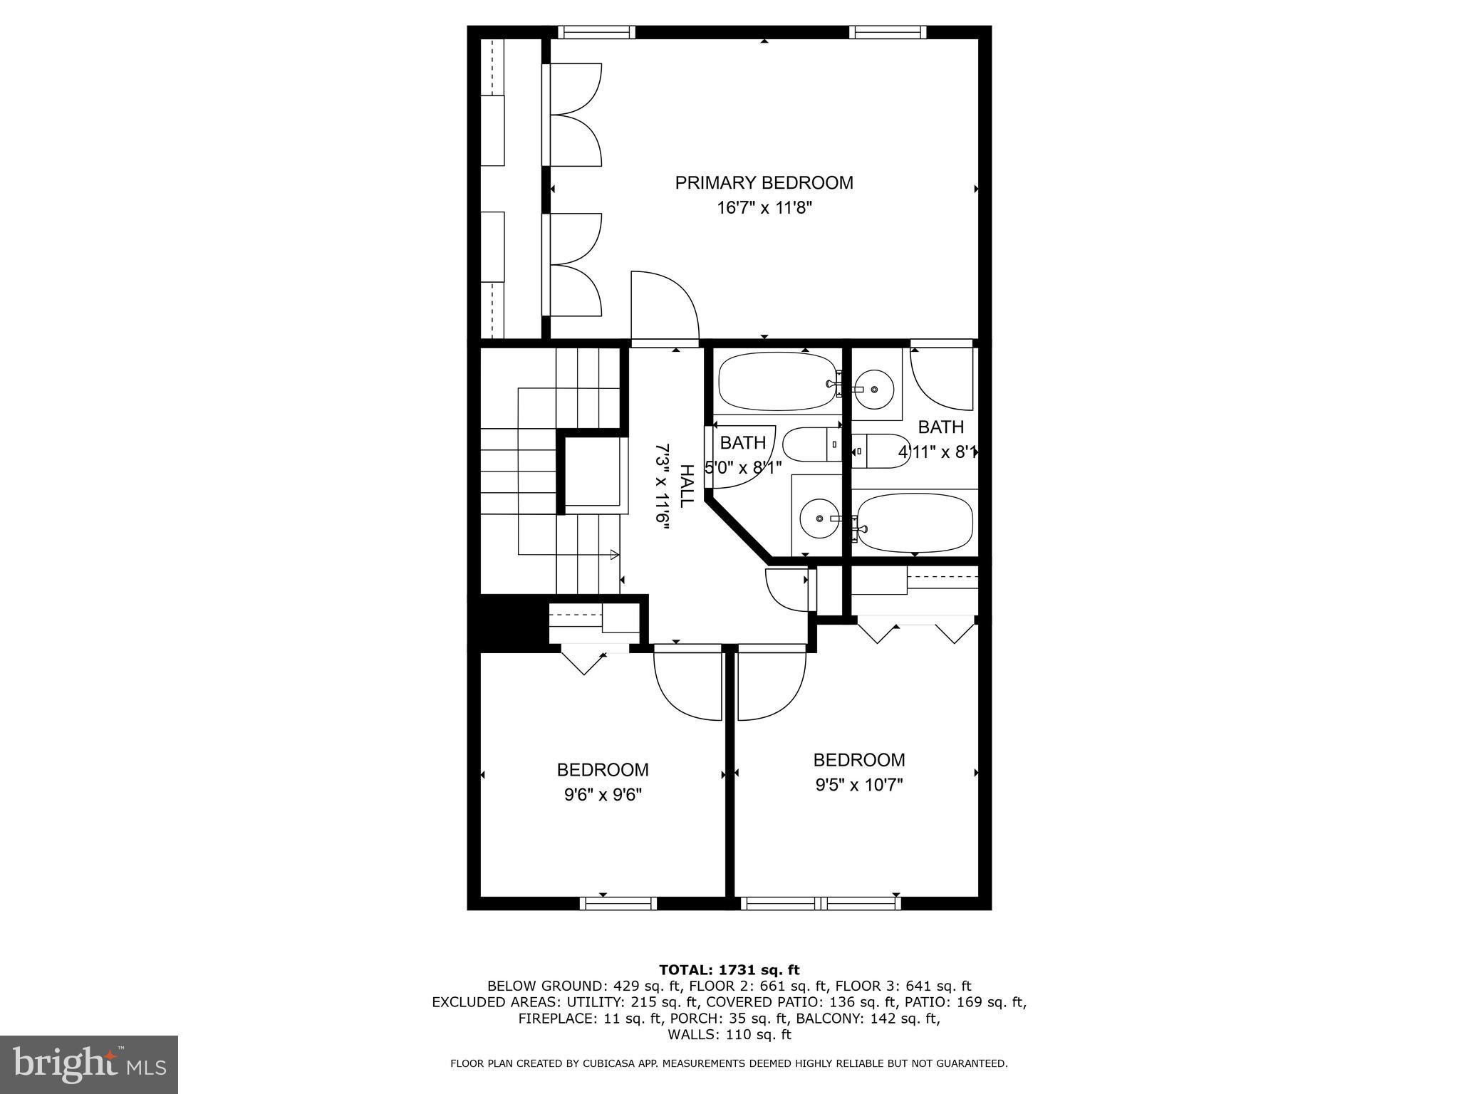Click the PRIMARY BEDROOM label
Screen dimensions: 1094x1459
[x=764, y=183]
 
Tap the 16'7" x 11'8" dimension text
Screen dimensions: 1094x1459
[x=764, y=209]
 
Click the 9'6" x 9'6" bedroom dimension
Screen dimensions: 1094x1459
[x=603, y=795]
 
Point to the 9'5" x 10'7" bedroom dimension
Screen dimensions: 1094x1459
[x=859, y=785]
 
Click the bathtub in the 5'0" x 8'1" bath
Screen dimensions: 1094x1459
[x=777, y=382]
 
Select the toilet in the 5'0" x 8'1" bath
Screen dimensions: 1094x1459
[x=811, y=444]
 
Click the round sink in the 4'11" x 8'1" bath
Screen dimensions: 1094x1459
[x=875, y=389]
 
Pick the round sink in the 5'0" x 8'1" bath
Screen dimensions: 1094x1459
[x=819, y=519]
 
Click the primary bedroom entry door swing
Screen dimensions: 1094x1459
[x=664, y=306]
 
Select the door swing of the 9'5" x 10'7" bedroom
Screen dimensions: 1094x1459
[x=771, y=684]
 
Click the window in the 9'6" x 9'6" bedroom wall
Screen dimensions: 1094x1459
[x=618, y=903]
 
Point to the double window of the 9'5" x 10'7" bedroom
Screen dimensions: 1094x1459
[x=821, y=903]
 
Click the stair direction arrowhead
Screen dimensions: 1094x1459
[x=614, y=554]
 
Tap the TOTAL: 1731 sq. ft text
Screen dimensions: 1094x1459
[x=729, y=970]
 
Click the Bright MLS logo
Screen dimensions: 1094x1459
[x=89, y=1064]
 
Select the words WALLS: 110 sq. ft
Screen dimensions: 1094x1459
[x=729, y=1035]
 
